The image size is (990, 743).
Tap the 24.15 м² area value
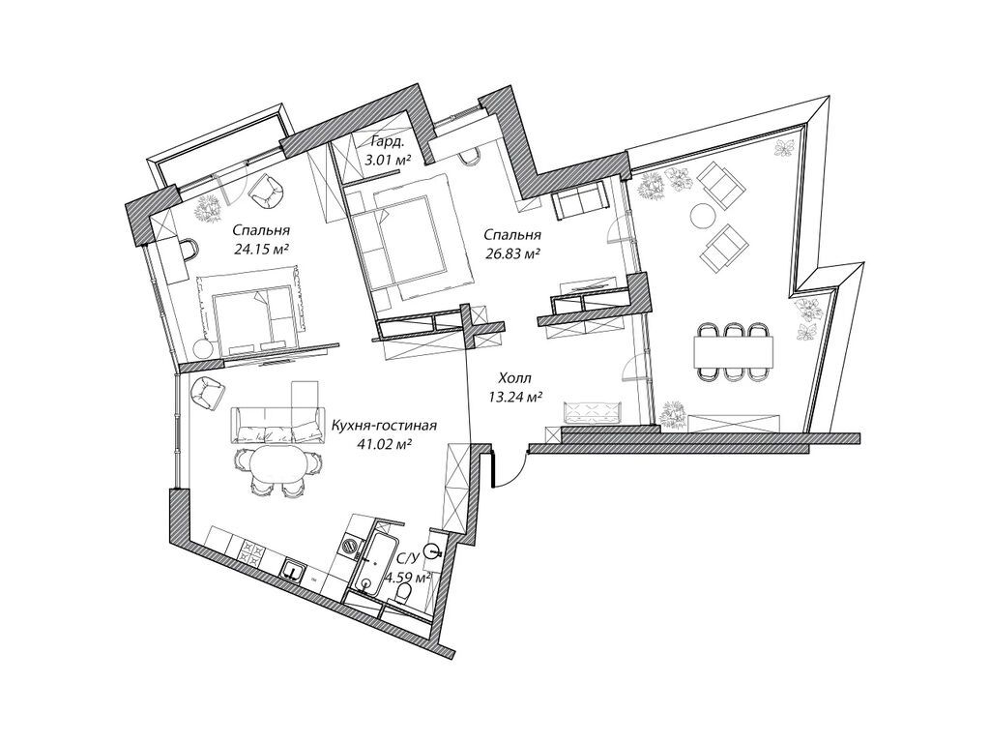click(262, 249)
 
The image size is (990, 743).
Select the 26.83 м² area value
click(510, 253)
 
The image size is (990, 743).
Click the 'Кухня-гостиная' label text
click(385, 426)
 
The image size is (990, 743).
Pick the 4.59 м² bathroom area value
click(407, 578)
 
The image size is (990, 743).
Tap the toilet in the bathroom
click(395, 609)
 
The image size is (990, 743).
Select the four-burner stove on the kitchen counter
click(252, 552)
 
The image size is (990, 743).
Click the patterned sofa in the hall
click(591, 412)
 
